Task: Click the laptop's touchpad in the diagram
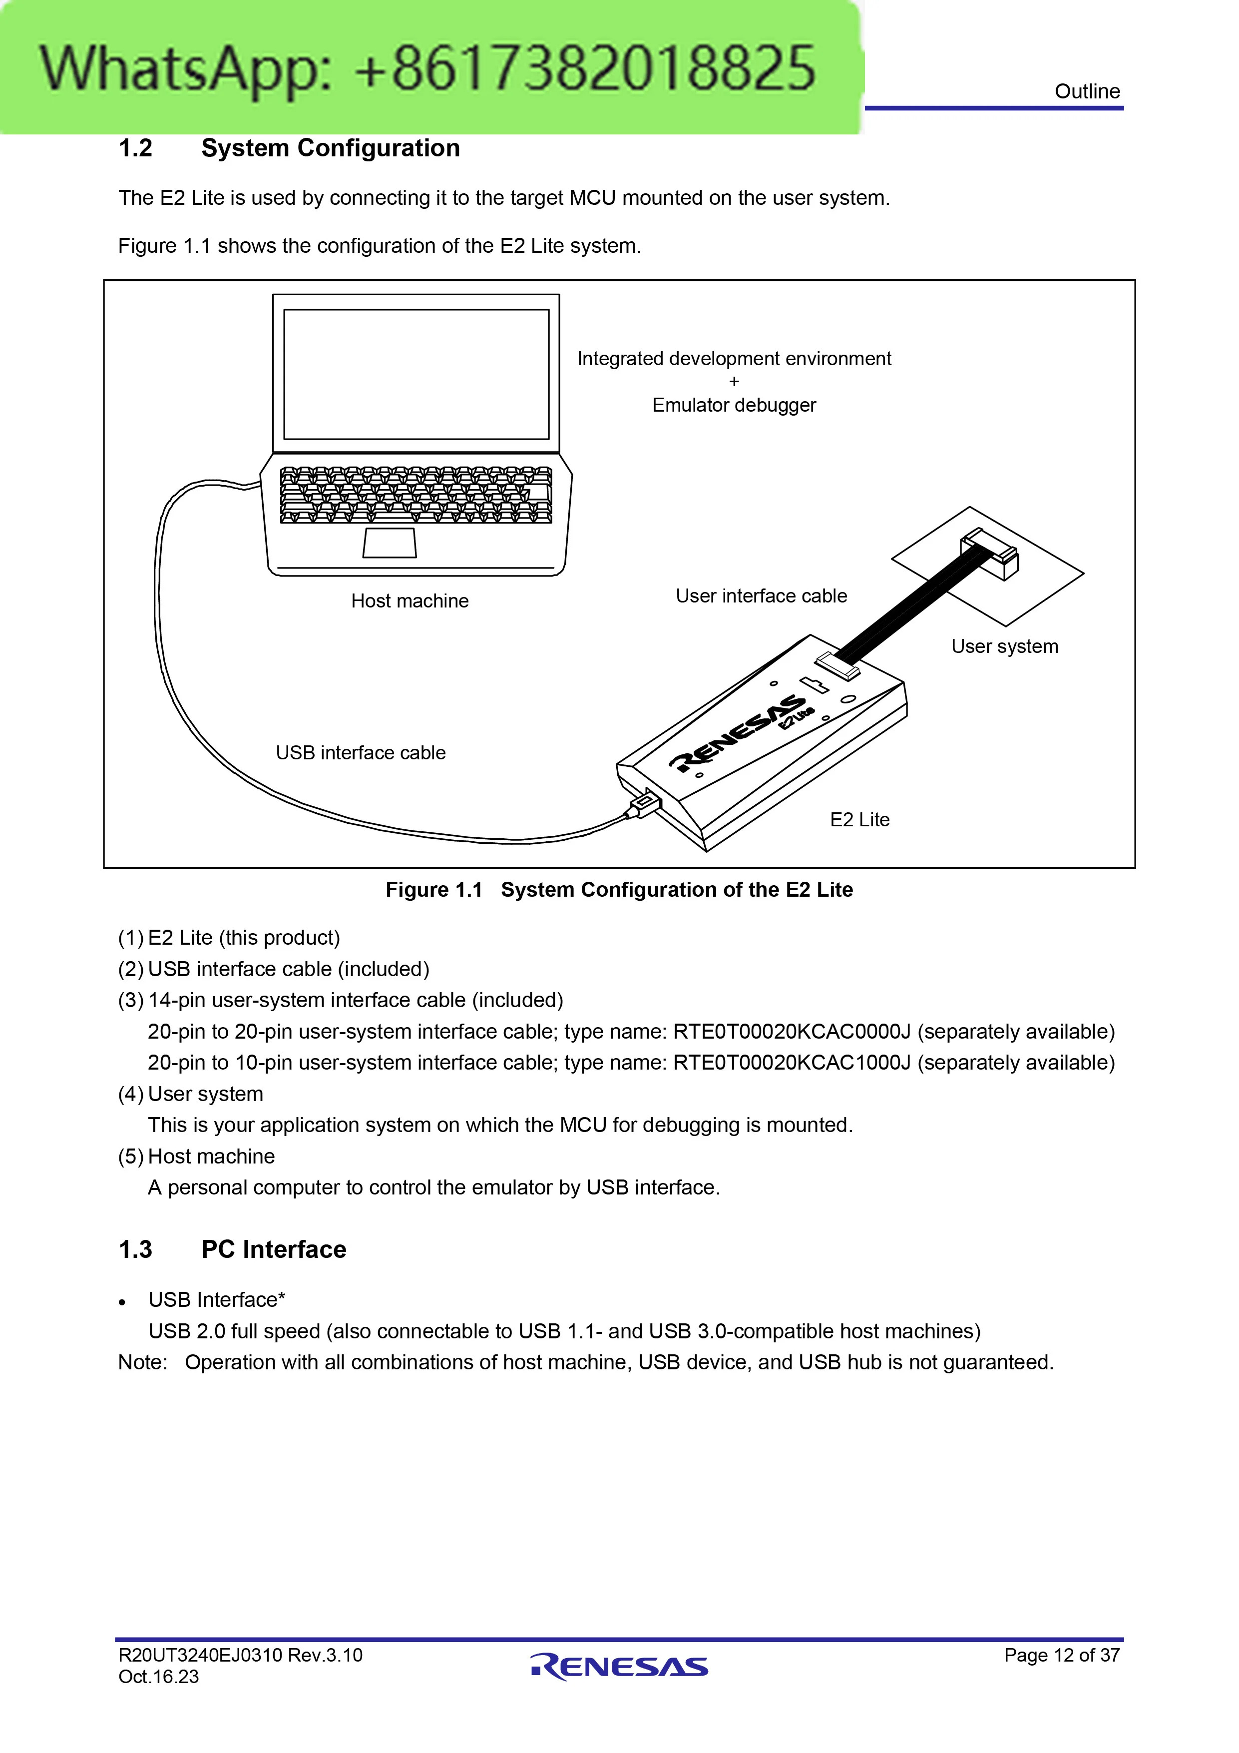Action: [390, 543]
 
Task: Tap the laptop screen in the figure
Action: [416, 374]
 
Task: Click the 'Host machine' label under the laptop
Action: [410, 601]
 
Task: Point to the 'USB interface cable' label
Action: [361, 753]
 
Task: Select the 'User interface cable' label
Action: [761, 595]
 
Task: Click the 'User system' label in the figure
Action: [1005, 646]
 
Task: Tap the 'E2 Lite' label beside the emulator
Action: [859, 819]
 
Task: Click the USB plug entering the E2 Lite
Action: [644, 804]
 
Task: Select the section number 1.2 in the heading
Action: [135, 148]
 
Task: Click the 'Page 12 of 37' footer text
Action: [1062, 1655]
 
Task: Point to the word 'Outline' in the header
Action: [1087, 91]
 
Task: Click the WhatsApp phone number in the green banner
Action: [585, 69]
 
